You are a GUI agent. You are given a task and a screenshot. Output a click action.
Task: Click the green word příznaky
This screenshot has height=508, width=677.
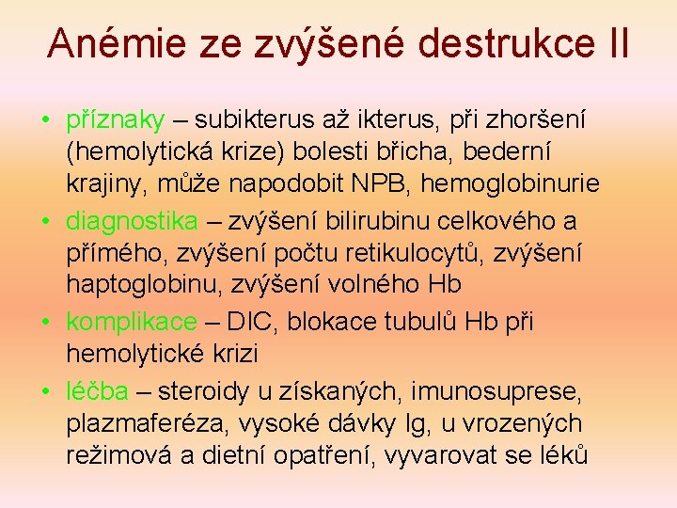pyautogui.click(x=116, y=121)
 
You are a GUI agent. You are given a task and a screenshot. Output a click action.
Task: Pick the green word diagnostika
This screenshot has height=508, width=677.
pyautogui.click(x=133, y=222)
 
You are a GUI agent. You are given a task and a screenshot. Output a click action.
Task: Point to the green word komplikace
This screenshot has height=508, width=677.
pyautogui.click(x=133, y=323)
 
